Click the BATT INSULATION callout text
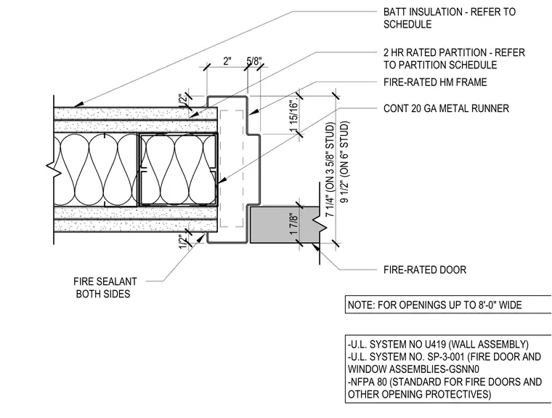coord(449,18)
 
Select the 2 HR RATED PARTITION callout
coord(454,59)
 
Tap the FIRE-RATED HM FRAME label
coord(435,82)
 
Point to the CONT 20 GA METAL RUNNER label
coord(446,108)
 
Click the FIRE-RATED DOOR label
coord(425,270)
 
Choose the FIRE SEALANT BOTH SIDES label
coord(105,288)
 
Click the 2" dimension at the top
coord(227,61)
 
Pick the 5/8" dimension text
coord(253,61)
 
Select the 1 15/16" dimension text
coord(294,116)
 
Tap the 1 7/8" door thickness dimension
coord(294,223)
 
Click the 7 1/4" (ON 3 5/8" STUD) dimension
coord(330,169)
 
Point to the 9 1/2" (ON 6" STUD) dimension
coord(345,162)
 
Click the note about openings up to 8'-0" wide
coord(435,305)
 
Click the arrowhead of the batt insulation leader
coord(79,104)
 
